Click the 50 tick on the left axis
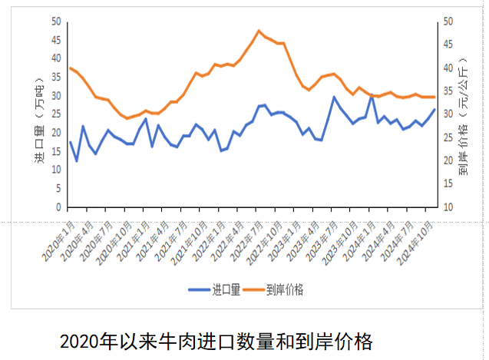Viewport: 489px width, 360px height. (56, 21)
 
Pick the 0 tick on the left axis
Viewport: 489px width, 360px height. (58, 207)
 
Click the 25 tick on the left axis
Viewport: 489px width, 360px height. (56, 114)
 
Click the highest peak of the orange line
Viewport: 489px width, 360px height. (259, 31)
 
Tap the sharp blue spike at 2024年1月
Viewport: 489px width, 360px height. (372, 95)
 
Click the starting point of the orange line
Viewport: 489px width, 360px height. (70, 68)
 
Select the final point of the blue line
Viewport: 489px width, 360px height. (434, 109)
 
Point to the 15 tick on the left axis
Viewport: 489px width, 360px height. (56, 151)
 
